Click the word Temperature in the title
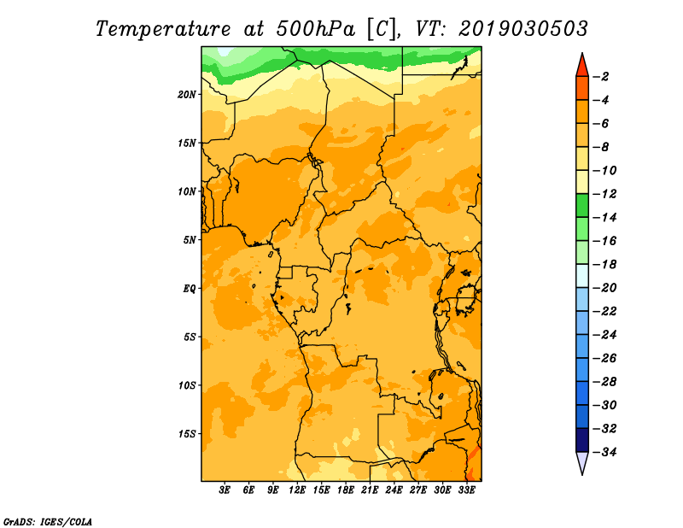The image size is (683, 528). [162, 29]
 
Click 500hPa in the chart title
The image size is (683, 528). [315, 28]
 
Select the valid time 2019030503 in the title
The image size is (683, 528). [523, 28]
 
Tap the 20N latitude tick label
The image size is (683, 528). [186, 95]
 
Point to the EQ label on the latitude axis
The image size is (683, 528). [189, 289]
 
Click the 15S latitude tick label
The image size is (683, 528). [187, 434]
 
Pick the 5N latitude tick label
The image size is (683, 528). [189, 240]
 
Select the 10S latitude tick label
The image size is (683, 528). [187, 385]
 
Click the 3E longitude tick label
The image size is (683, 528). [225, 490]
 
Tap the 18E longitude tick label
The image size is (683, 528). [346, 490]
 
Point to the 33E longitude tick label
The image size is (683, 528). [466, 490]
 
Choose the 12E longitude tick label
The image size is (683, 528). [297, 490]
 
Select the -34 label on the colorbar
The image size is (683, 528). [604, 452]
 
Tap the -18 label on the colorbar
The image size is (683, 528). [604, 264]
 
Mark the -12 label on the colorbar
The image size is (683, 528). [604, 194]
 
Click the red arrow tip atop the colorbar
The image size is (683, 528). [582, 53]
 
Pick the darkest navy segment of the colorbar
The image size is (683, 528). [582, 440]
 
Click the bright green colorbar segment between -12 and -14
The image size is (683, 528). [582, 205]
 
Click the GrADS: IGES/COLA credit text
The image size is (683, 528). [48, 522]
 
